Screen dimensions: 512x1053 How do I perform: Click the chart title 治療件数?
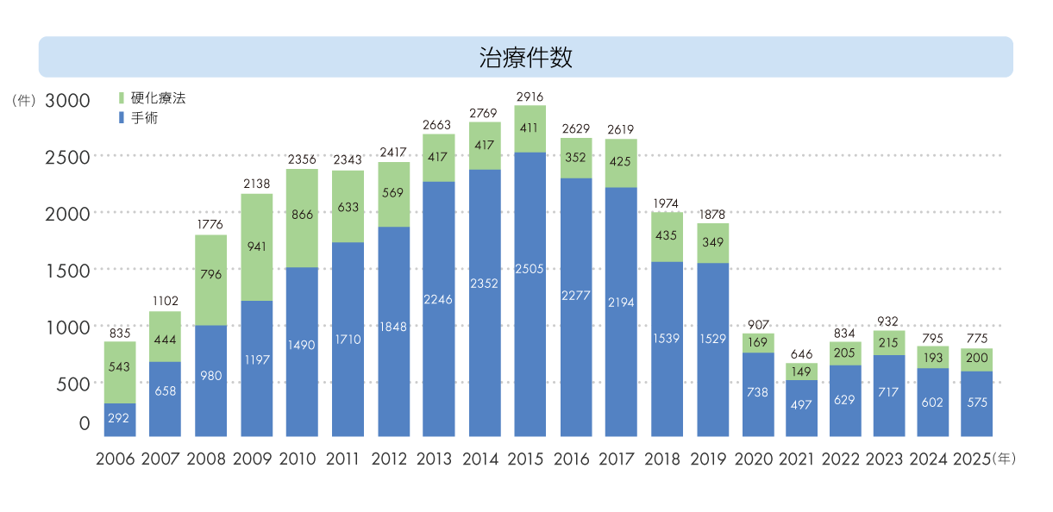pyautogui.click(x=525, y=58)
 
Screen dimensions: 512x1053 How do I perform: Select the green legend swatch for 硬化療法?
pyautogui.click(x=122, y=98)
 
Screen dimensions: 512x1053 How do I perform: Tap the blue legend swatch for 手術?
pyautogui.click(x=122, y=118)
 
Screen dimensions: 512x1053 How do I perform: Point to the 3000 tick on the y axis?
pyautogui.click(x=67, y=100)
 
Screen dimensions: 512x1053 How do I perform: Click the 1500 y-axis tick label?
pyautogui.click(x=67, y=271)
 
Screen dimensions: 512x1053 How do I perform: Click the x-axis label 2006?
pyautogui.click(x=115, y=459)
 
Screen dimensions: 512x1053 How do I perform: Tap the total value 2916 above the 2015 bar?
pyautogui.click(x=530, y=97)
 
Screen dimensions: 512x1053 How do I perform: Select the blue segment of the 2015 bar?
pyautogui.click(x=530, y=293)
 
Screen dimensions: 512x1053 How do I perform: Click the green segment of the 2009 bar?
pyautogui.click(x=257, y=247)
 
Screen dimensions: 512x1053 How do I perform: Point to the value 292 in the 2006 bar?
pyautogui.click(x=120, y=418)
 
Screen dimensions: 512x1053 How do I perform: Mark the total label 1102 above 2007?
pyautogui.click(x=165, y=301)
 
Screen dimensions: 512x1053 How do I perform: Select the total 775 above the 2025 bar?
pyautogui.click(x=977, y=339)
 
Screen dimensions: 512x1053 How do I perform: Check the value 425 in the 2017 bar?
pyautogui.click(x=621, y=163)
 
